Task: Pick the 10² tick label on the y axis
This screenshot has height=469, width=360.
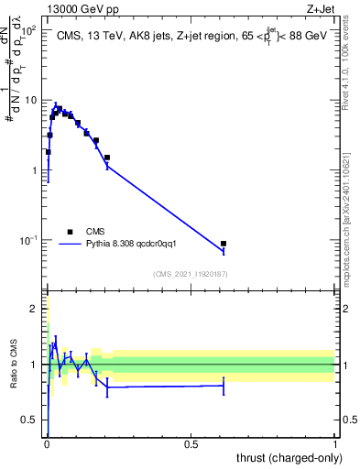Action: point(28,30)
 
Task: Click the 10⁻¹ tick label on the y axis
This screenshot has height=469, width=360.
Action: point(27,241)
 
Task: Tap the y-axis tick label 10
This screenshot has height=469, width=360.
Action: point(30,100)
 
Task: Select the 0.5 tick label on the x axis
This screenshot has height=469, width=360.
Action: point(191,443)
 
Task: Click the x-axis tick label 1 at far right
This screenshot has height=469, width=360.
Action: point(335,443)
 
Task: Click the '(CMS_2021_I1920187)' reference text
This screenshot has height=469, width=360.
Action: point(191,274)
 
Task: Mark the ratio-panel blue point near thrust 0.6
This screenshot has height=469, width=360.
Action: point(224,386)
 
